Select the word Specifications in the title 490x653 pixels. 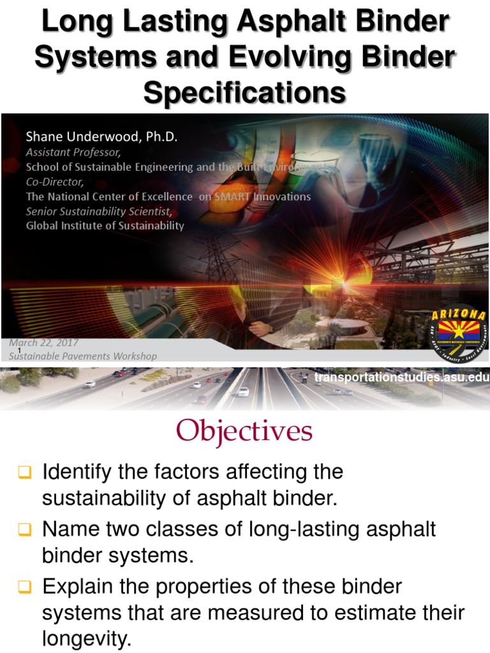point(245,93)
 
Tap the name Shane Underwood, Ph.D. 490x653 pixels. point(100,137)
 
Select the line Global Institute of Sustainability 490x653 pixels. point(105,226)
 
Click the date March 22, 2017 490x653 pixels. point(43,343)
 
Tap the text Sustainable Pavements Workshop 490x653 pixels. point(83,356)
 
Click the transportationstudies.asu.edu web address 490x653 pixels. point(401,378)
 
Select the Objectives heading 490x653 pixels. point(245,431)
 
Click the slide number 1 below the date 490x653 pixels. point(20,351)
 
